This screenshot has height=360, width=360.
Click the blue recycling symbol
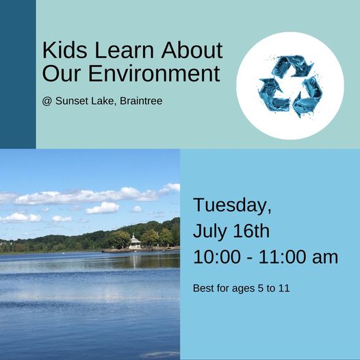290,86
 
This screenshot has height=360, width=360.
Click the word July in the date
211,231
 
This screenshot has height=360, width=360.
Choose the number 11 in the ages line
284,288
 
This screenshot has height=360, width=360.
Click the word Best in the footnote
204,288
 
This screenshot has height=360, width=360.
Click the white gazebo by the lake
135,242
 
